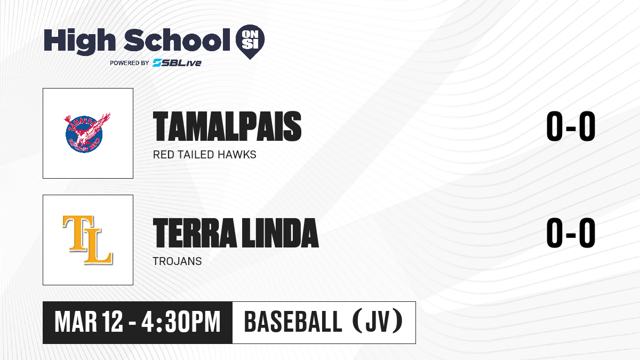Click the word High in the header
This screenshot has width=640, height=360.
click(79, 42)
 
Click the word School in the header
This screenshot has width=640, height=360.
click(177, 39)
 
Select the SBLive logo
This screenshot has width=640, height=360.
click(177, 62)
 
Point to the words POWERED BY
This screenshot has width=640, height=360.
click(130, 63)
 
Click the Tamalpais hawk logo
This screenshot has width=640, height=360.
click(86, 133)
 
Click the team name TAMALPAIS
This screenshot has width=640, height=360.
click(227, 126)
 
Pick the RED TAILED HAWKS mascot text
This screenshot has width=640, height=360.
click(205, 155)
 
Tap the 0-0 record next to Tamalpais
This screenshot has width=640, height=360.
click(571, 126)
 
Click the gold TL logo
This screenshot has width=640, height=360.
click(87, 239)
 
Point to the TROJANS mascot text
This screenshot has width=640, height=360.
click(177, 261)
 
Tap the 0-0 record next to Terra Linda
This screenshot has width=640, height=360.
click(571, 233)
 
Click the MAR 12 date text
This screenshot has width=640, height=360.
click(89, 322)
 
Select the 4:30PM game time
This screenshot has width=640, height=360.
click(181, 322)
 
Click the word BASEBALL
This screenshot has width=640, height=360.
click(293, 322)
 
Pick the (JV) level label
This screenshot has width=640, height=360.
click(378, 322)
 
